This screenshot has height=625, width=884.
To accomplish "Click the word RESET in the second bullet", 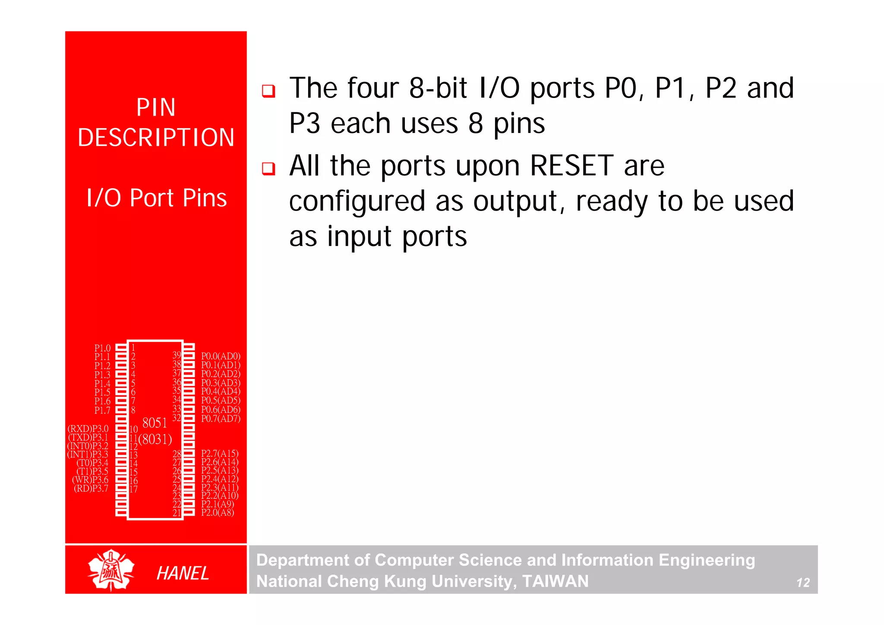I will (571, 166).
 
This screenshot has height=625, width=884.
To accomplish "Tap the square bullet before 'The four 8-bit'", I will (268, 91).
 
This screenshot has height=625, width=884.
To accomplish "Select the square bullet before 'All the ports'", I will (268, 168).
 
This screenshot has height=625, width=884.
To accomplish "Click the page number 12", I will (803, 583).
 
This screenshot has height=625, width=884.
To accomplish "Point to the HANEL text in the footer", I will (183, 573).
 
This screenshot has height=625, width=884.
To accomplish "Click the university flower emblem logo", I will (111, 570).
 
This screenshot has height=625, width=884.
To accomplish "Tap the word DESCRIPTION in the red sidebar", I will (156, 138).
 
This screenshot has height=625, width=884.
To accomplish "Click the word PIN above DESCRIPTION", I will (156, 107).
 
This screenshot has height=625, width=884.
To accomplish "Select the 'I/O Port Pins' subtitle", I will (156, 198).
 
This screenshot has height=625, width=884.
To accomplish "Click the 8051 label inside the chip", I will (155, 423).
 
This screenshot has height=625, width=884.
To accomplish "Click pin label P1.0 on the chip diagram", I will (102, 348).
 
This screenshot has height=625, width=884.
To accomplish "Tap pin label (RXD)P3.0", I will (88, 429).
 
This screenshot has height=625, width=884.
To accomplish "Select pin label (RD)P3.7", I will (91, 488).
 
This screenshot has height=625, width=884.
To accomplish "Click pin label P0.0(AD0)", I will (221, 356).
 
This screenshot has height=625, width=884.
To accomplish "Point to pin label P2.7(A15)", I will (220, 453).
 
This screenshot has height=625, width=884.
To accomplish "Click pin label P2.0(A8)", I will (218, 512).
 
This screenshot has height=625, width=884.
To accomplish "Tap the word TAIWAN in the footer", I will (555, 581).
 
